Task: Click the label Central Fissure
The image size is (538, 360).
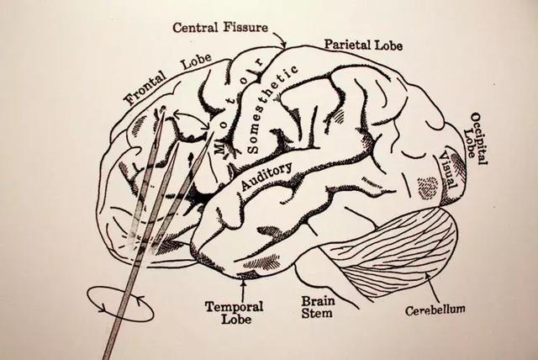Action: click(220, 27)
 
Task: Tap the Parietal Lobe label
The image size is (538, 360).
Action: click(363, 45)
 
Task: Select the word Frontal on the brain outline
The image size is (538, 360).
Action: click(145, 88)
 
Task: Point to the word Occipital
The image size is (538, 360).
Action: click(479, 138)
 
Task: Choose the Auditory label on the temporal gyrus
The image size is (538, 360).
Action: click(266, 175)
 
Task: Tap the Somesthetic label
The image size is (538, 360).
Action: click(271, 108)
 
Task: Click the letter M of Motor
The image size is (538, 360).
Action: click(219, 146)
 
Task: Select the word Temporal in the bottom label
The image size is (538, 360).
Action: click(234, 306)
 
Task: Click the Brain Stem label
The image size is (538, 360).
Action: click(318, 307)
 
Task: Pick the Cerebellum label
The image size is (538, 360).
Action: click(435, 310)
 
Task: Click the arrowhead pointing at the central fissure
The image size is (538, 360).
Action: click(283, 45)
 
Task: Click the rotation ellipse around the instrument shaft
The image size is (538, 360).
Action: click(120, 304)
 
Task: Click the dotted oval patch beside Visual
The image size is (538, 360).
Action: click(428, 188)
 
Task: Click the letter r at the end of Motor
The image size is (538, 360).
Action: click(260, 62)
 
